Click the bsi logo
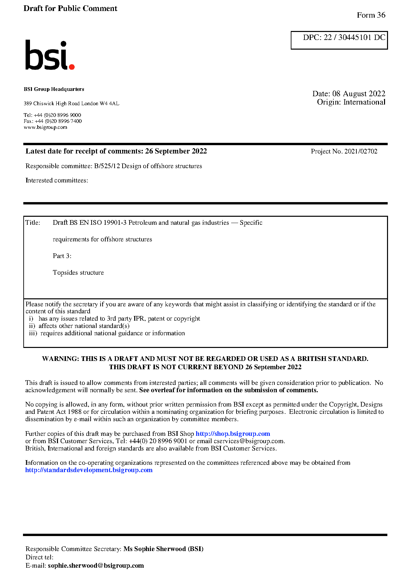click(x=49, y=56)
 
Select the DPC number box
click(x=339, y=40)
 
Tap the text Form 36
click(x=371, y=15)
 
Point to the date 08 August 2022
click(x=359, y=94)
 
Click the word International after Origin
click(x=364, y=102)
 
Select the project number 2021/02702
click(x=361, y=151)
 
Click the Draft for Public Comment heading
click(x=70, y=9)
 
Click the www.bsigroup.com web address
click(x=45, y=127)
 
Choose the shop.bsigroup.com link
click(x=232, y=434)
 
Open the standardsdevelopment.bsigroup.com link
click(x=89, y=470)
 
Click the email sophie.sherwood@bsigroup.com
click(x=96, y=566)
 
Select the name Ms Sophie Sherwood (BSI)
click(x=163, y=549)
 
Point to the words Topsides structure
click(x=78, y=273)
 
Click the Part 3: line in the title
click(x=62, y=256)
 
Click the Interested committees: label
click(x=57, y=180)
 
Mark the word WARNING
click(x=60, y=359)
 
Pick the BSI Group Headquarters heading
click(x=54, y=89)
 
